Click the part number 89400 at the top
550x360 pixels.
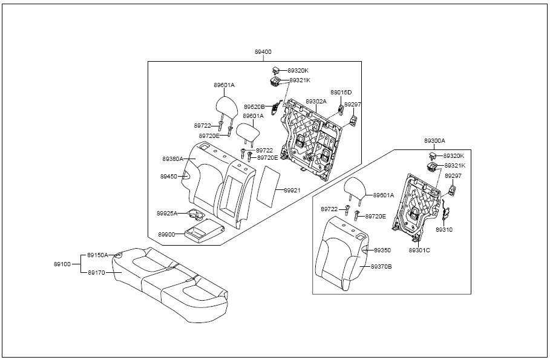pyautogui.click(x=263, y=52)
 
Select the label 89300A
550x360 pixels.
pyautogui.click(x=434, y=141)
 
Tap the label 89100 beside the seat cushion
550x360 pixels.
pyautogui.click(x=62, y=264)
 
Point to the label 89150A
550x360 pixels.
pyautogui.click(x=97, y=255)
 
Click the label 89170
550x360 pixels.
pyautogui.click(x=96, y=272)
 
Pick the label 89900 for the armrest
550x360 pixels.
pyautogui.click(x=166, y=234)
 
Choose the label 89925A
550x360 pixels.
pyautogui.click(x=167, y=213)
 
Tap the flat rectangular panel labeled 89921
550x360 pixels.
pyautogui.click(x=269, y=186)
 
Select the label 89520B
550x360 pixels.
pyautogui.click(x=254, y=106)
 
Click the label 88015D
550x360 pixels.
pyautogui.click(x=341, y=93)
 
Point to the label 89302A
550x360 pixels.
pyautogui.click(x=316, y=101)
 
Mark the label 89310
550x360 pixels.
pyautogui.click(x=444, y=230)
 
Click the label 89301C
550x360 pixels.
pyautogui.click(x=419, y=250)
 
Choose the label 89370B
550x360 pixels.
pyautogui.click(x=381, y=267)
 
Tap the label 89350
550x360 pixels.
pyautogui.click(x=382, y=250)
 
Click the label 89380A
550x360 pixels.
pyautogui.click(x=173, y=159)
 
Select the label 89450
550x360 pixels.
pyautogui.click(x=169, y=177)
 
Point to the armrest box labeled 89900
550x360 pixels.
pyautogui.click(x=204, y=231)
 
